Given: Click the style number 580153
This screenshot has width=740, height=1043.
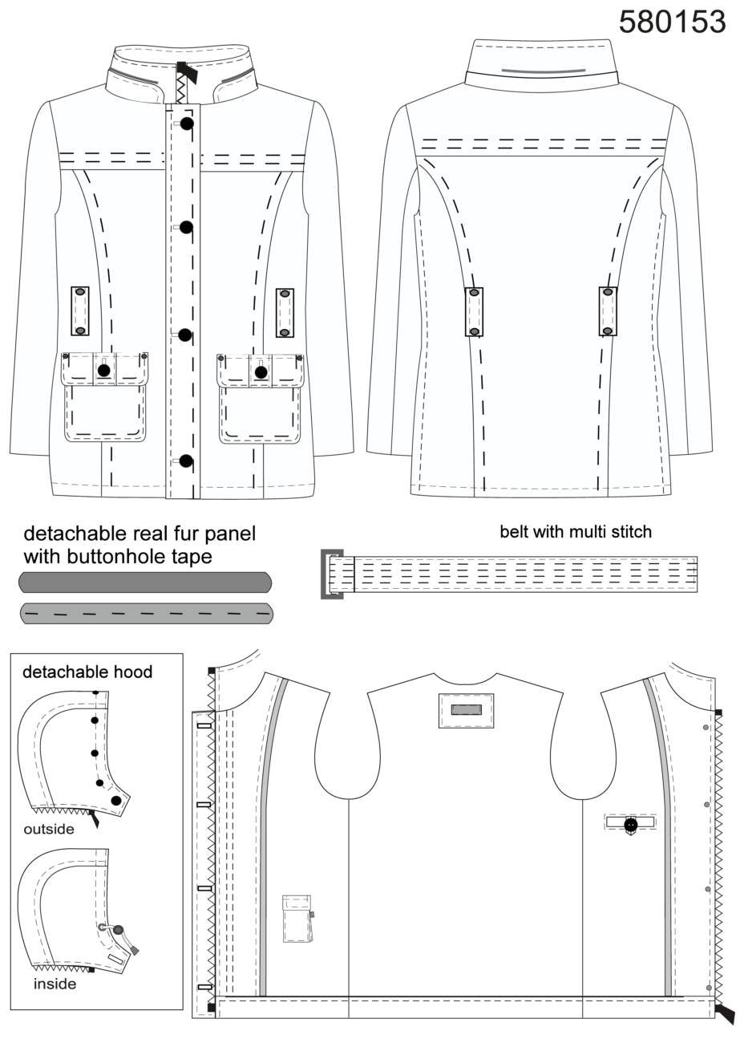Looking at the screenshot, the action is point(672,22).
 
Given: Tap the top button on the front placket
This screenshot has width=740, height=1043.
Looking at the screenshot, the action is point(187,124).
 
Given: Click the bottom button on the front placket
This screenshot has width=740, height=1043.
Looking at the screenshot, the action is point(186,461).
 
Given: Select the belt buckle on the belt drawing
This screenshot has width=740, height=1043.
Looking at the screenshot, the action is point(331,574).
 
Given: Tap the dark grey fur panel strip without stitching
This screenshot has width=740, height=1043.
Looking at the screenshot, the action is point(145,582).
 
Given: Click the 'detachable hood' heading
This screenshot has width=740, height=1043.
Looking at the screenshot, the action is point(87,672).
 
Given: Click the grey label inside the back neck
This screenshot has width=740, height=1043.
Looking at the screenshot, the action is point(467,709).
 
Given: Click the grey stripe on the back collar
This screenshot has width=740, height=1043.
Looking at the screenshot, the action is point(543,71).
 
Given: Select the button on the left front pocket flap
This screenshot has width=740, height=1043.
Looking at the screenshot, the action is point(104,370).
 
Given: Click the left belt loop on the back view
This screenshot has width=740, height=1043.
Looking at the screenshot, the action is point(475,311).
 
